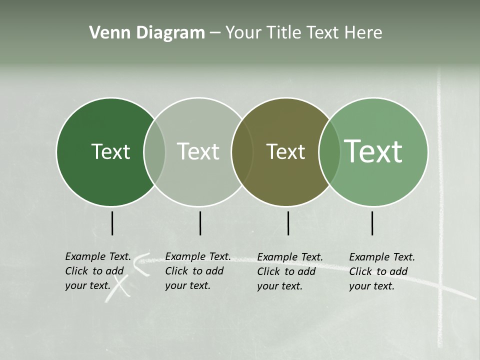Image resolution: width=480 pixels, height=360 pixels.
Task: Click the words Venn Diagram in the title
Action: [x=147, y=33]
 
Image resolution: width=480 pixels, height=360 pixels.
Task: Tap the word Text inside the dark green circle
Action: [x=110, y=151]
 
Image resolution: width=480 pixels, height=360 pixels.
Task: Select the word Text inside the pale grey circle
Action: [x=198, y=151]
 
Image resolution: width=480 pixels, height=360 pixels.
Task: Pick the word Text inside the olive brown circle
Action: [x=285, y=151]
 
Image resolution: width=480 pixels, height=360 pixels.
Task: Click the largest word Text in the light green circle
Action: [x=373, y=151]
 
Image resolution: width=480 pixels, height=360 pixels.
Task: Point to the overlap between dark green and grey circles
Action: [x=154, y=151]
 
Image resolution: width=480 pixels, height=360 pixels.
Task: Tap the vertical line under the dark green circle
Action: [x=112, y=223]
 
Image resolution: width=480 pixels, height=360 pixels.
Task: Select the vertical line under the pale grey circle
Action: [x=200, y=223]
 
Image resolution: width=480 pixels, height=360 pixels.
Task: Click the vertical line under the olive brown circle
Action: [x=288, y=223]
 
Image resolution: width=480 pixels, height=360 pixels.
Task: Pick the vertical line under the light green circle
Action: [x=372, y=223]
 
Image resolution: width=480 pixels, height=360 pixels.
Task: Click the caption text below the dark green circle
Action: [x=98, y=271]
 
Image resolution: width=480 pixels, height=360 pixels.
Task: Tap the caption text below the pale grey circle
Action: [x=198, y=271]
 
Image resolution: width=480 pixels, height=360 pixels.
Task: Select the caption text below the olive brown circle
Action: [x=290, y=271]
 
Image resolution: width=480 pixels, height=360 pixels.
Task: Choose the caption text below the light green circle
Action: [x=382, y=271]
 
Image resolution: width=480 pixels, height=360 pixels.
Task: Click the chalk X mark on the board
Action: [x=118, y=288]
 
